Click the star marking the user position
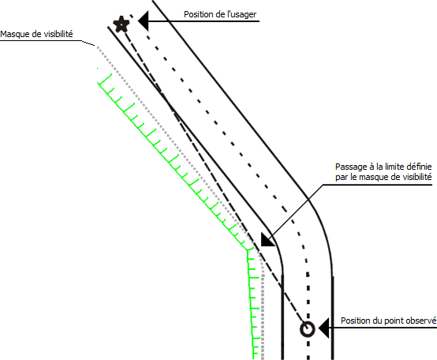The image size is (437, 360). click(121, 24)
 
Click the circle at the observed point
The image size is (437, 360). click(308, 329)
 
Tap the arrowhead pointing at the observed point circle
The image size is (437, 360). click(323, 328)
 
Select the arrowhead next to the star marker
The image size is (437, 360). click(144, 21)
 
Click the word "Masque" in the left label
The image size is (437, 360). click(13, 34)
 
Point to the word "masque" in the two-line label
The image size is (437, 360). click(372, 178)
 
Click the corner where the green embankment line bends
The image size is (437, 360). click(247, 251)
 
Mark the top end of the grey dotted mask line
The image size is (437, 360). click(97, 47)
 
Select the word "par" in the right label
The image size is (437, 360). click(341, 178)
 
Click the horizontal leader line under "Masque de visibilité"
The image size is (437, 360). click(41, 41)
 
